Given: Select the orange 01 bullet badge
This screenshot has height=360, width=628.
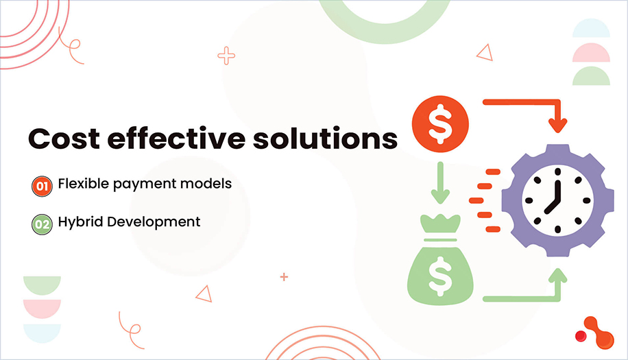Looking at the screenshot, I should [42, 185].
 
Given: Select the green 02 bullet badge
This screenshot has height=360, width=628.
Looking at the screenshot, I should [42, 223].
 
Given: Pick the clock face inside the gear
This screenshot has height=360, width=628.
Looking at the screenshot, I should [556, 200].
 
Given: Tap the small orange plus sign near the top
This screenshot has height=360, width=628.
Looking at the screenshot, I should [226, 56].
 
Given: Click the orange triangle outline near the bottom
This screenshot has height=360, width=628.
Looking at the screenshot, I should [204, 293].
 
